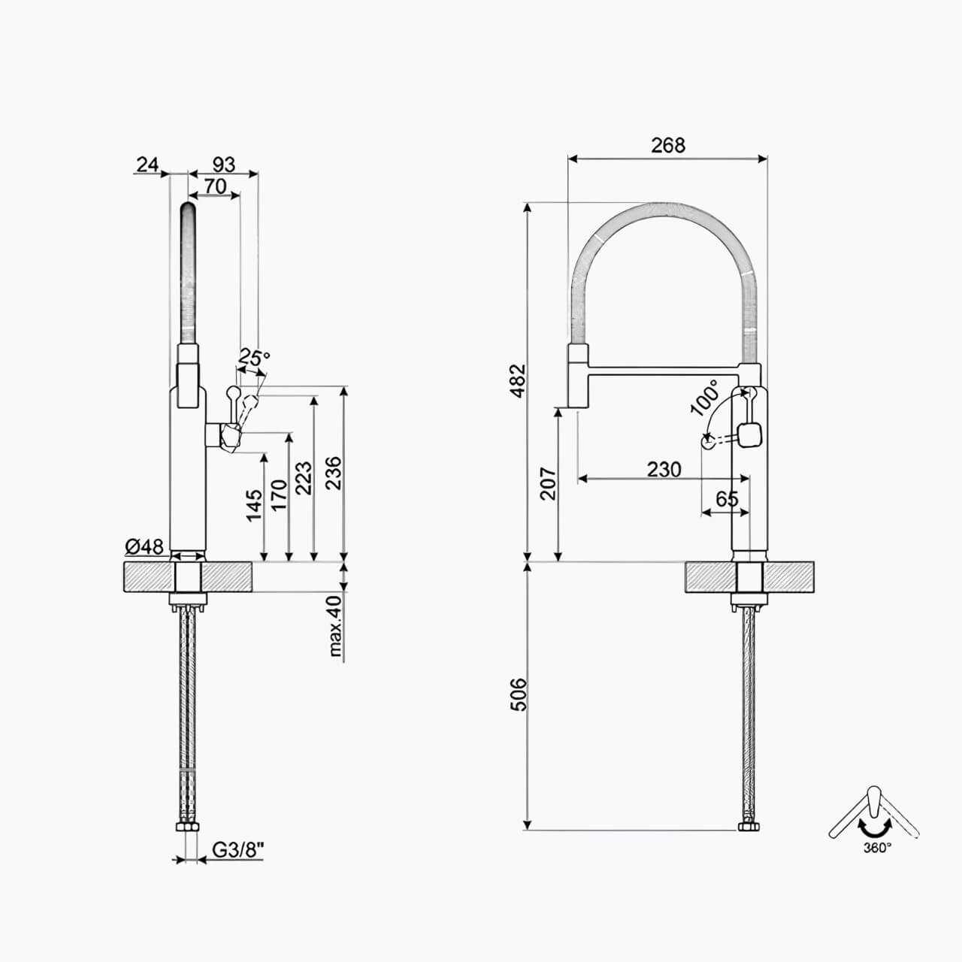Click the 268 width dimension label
point(668,145)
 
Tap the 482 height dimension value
point(517,380)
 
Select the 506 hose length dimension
point(517,694)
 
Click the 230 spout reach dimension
point(664,469)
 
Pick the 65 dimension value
point(727,499)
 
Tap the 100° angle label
point(704,398)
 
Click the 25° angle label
point(254,359)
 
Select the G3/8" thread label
point(238,850)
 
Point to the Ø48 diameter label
point(145,546)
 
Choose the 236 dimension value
point(333,473)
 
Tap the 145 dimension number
point(254,505)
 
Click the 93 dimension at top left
point(224,163)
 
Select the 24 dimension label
point(148,163)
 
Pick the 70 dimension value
point(215,186)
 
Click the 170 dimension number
point(278,495)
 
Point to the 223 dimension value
point(303,478)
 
